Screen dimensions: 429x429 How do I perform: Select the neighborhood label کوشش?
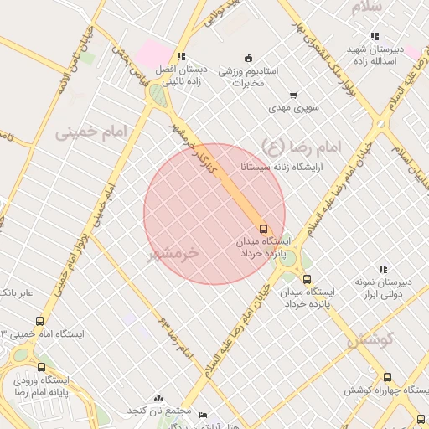tap(370, 340)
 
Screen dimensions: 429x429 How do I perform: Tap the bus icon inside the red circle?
tap(263, 229)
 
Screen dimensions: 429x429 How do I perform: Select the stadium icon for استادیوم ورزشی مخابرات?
tap(248, 58)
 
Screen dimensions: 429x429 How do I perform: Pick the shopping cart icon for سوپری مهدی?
tap(292, 96)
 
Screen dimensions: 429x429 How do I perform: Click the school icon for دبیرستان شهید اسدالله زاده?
tap(374, 37)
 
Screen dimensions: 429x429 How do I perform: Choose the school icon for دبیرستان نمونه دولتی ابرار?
tap(382, 270)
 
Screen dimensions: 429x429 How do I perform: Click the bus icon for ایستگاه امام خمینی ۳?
tap(39, 321)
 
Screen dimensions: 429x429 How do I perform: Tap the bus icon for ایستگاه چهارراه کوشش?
tap(387, 378)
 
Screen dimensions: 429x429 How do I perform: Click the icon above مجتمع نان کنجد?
tap(159, 400)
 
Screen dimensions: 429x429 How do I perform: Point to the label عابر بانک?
tap(17, 293)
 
